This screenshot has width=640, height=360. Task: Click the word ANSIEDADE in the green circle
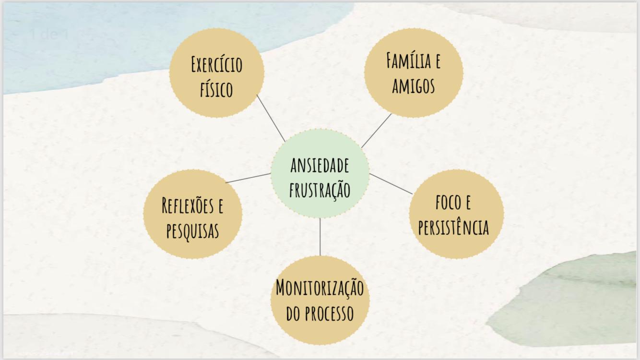320,166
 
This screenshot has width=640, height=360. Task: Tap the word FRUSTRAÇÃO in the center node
320,190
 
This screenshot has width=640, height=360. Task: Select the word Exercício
216,64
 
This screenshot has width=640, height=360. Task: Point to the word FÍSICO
216,89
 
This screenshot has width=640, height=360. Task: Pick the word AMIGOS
414,86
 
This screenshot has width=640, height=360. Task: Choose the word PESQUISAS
192,231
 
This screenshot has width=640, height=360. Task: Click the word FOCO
447,202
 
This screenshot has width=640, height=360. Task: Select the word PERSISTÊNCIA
453,228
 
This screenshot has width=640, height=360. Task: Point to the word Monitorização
320,288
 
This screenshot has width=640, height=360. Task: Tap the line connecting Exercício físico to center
271,118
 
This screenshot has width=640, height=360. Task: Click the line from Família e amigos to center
376,131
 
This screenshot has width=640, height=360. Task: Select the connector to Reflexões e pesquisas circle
248,178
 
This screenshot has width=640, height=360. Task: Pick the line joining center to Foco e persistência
391,184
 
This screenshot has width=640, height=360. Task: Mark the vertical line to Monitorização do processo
320,237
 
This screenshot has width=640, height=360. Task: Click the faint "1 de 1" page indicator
49,35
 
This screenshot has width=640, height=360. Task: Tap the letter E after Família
437,60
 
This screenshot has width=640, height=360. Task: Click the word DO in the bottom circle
293,313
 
